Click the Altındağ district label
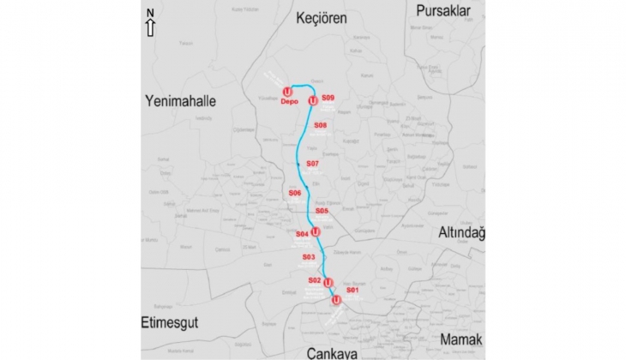tap(461, 232)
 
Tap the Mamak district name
tap(461, 340)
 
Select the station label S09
tap(328, 99)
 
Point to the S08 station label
tap(321, 126)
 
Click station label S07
tap(312, 163)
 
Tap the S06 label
tap(294, 193)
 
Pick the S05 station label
tap(322, 210)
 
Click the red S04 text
tap(302, 233)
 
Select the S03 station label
tap(309, 257)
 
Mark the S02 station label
tap(314, 280)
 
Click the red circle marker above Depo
tap(287, 91)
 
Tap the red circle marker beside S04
tap(316, 231)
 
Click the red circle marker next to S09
tap(313, 100)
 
